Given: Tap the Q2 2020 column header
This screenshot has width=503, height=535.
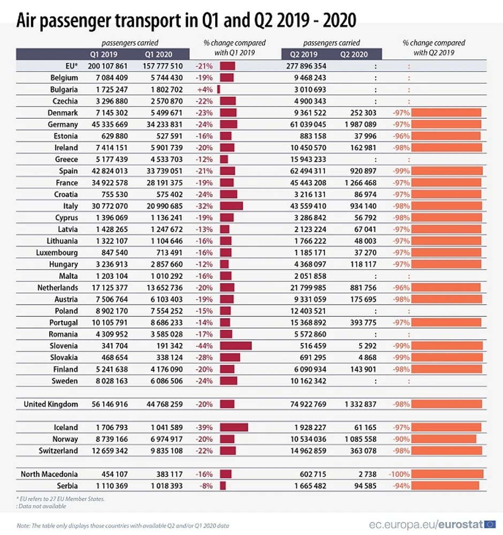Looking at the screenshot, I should pyautogui.click(x=353, y=54).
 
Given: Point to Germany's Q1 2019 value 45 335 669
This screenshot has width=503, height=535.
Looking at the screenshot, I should pyautogui.click(x=106, y=124).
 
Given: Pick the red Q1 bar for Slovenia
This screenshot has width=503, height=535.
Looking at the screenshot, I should pyautogui.click(x=235, y=346).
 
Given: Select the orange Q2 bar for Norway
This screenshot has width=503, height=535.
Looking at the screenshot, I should pyautogui.click(x=444, y=439).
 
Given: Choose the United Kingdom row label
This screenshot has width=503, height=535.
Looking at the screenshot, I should pyautogui.click(x=51, y=404).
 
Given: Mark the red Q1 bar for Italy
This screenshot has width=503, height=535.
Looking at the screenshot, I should pyautogui.click(x=231, y=206).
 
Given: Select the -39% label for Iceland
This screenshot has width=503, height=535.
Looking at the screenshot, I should pyautogui.click(x=206, y=427).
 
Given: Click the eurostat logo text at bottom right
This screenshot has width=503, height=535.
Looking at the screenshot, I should pyautogui.click(x=460, y=524).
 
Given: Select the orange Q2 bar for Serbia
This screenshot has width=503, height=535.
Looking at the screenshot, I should pyautogui.click(x=446, y=485).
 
